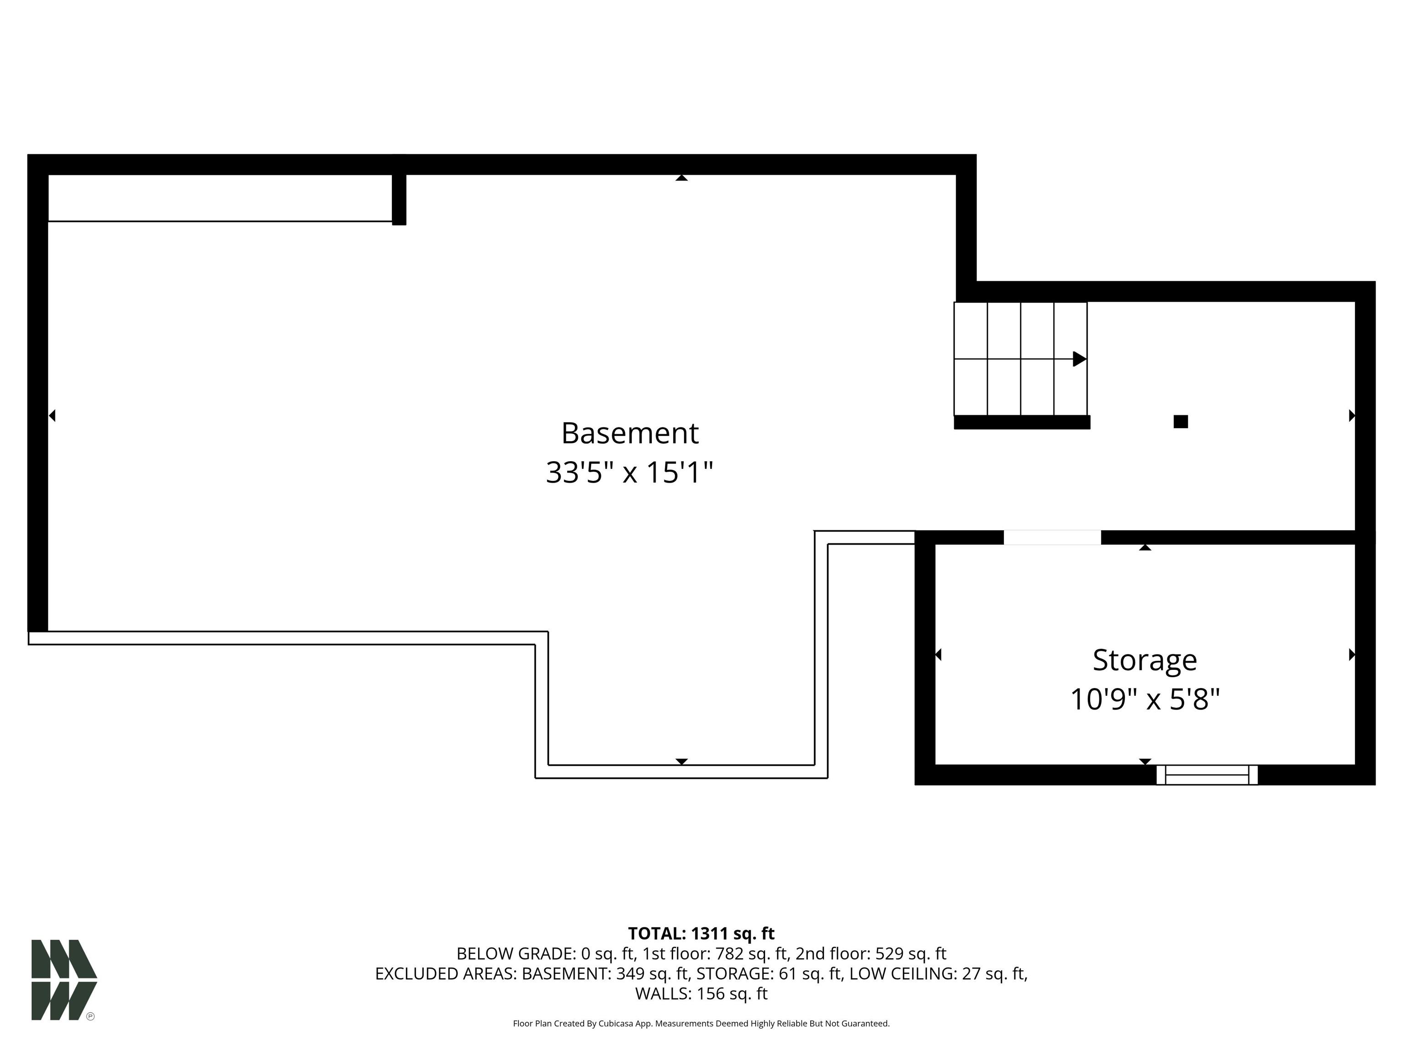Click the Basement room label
629,434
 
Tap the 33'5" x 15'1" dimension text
629,473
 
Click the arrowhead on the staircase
1079,359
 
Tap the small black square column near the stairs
1181,422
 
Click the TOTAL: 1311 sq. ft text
701,933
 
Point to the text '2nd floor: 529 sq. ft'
871,954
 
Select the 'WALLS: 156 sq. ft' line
701,994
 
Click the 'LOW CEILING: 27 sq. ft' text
938,973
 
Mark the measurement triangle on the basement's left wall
53,416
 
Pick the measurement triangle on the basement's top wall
681,178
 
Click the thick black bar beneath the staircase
1022,422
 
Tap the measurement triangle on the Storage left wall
938,654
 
